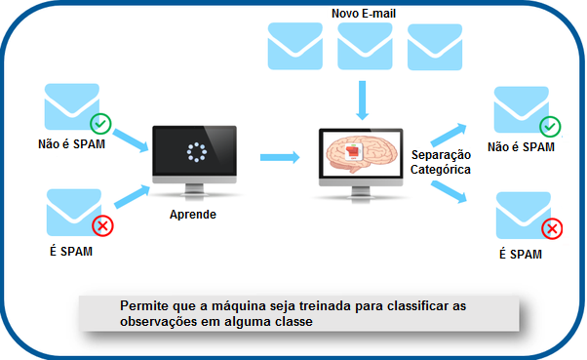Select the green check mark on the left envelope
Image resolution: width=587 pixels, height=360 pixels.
(x=100, y=124)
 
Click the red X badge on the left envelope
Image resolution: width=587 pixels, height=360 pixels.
(x=99, y=227)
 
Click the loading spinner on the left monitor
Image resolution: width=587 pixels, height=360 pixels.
(x=197, y=153)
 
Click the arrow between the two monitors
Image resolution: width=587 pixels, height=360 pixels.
(x=280, y=155)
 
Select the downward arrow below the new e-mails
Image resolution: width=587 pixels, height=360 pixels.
(x=364, y=99)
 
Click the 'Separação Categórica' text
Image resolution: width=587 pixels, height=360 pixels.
(x=441, y=162)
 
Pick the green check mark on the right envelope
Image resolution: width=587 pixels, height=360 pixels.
(x=550, y=126)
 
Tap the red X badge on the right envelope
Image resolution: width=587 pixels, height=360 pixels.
(x=551, y=229)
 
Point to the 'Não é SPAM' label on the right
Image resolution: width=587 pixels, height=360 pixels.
(x=521, y=147)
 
